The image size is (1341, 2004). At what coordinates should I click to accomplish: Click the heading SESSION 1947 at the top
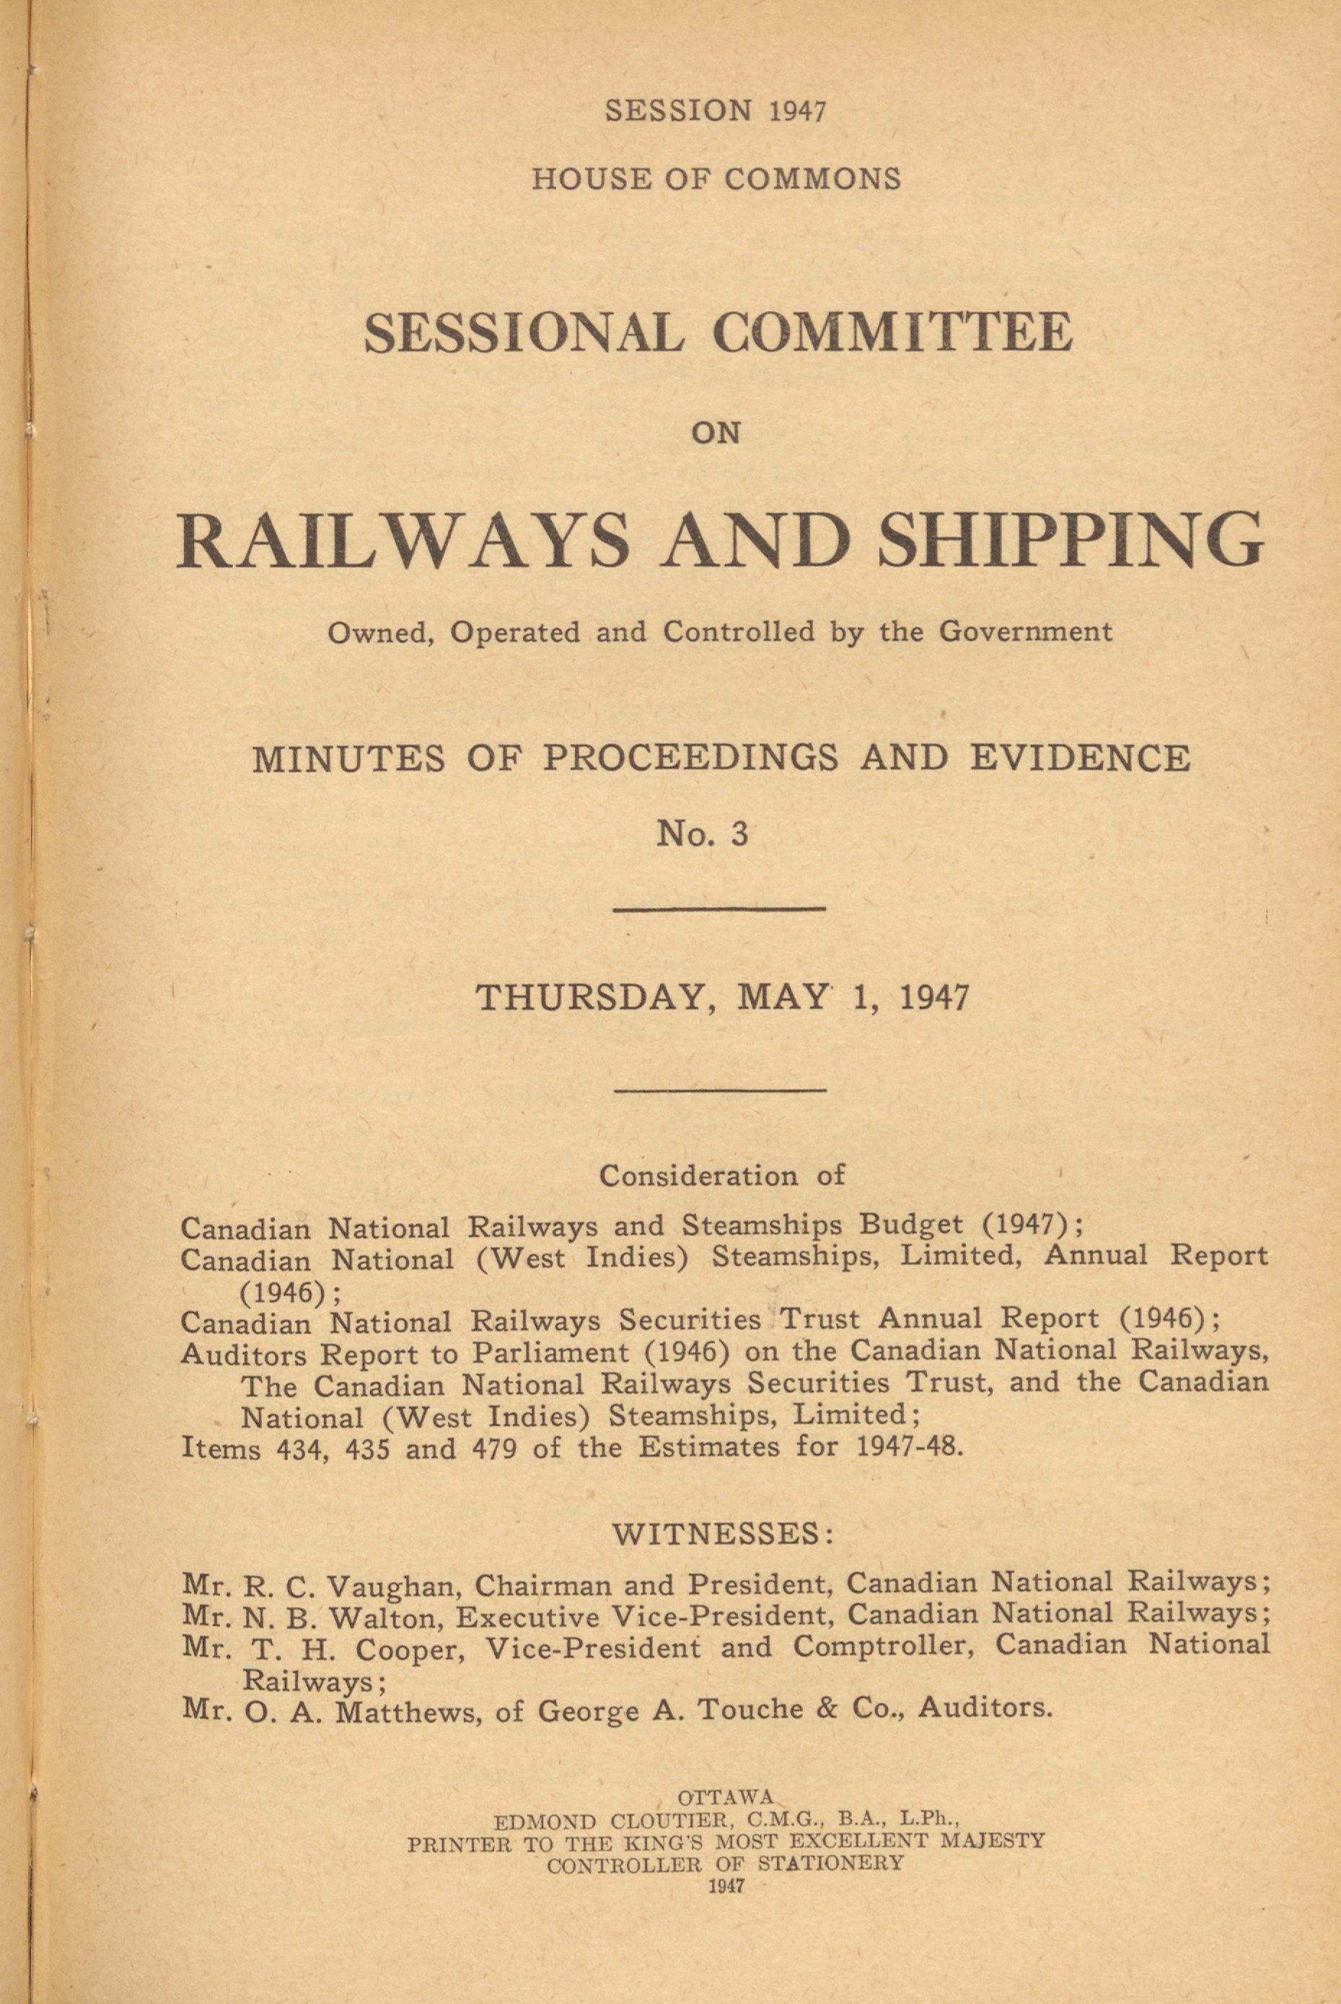(715, 111)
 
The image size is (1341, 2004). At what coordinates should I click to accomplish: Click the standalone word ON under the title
(715, 433)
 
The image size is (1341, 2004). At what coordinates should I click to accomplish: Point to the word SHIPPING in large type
(1072, 541)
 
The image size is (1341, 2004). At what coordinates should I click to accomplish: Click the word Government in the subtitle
(1026, 632)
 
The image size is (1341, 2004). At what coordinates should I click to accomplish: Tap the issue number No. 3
(701, 833)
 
